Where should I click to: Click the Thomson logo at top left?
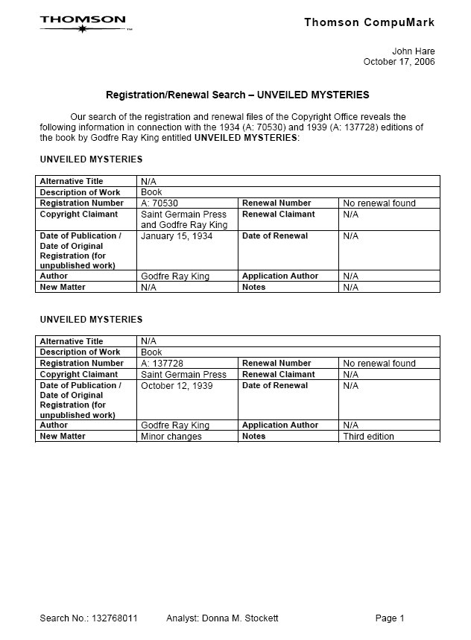click(84, 23)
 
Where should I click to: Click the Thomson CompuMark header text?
click(369, 22)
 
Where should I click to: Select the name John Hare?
click(414, 51)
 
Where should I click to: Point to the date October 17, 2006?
click(399, 62)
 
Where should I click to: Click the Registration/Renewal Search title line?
click(237, 95)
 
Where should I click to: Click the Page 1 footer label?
click(390, 618)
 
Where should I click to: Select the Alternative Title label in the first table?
click(72, 181)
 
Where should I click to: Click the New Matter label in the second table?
click(63, 436)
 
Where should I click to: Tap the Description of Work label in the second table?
click(80, 352)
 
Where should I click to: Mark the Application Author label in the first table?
click(280, 276)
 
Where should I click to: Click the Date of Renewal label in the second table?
click(275, 386)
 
